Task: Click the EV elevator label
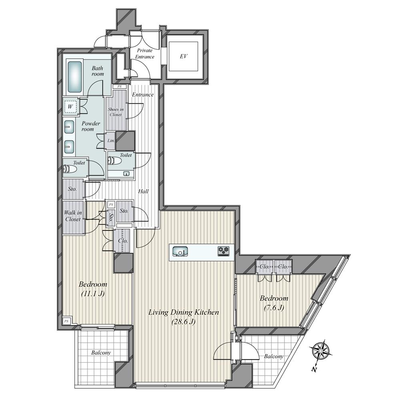click(x=184, y=56)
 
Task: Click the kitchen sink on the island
click(x=180, y=252)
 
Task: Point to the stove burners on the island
click(x=223, y=251)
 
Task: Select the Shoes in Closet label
click(x=116, y=112)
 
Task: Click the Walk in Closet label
click(x=73, y=216)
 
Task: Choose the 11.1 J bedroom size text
click(x=93, y=294)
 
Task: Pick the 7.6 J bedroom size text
click(x=274, y=308)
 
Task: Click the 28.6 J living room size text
click(x=184, y=322)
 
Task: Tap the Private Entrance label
click(x=145, y=54)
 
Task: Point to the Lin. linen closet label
click(x=111, y=140)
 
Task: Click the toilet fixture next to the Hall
click(x=114, y=161)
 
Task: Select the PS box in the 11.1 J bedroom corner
click(x=66, y=321)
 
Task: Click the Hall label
click(x=143, y=191)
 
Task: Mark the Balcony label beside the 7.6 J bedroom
click(x=274, y=356)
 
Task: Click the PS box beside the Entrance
click(x=120, y=86)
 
